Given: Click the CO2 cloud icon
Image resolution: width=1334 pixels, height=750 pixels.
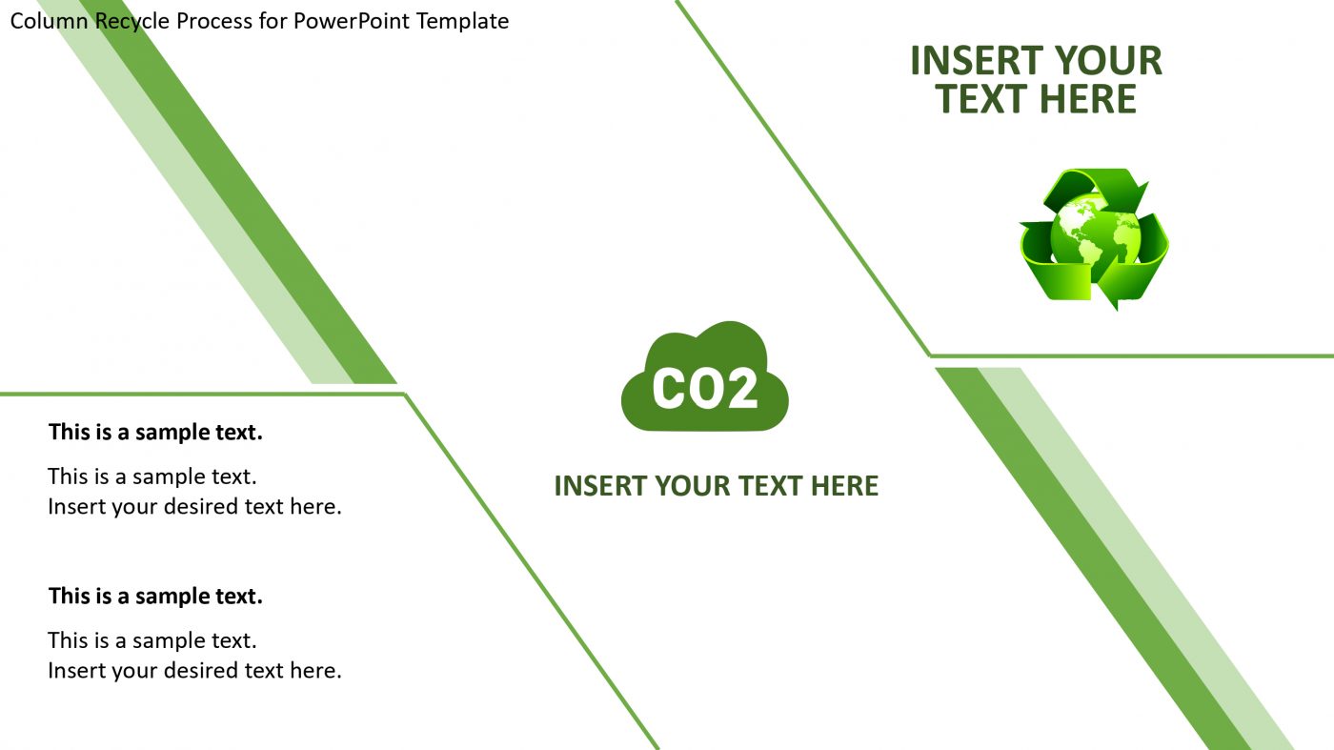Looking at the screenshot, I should coord(704,376).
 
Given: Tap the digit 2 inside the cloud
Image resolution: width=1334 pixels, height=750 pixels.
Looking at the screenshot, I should coord(741,389).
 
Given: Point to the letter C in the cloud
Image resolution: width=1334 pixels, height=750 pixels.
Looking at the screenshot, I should coord(672,389).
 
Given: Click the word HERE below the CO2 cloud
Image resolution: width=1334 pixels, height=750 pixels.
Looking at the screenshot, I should coord(844,486).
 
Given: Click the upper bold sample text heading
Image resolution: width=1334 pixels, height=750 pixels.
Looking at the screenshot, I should coord(155,433).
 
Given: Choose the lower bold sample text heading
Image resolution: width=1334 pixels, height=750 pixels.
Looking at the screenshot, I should coord(155,597).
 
